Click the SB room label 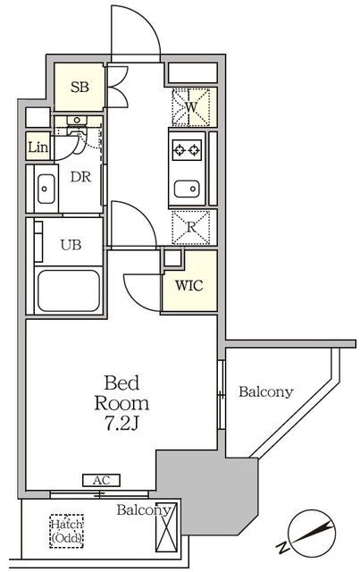click(x=80, y=88)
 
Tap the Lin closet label click(x=38, y=147)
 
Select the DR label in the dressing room click(x=80, y=177)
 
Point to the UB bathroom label click(x=71, y=245)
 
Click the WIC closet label click(x=189, y=286)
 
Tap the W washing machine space click(x=190, y=107)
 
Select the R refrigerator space click(x=191, y=227)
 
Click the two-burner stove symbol click(x=187, y=149)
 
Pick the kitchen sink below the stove click(x=187, y=189)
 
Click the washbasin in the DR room click(x=46, y=189)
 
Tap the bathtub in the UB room click(x=69, y=290)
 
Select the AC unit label click(x=102, y=480)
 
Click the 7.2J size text click(x=121, y=425)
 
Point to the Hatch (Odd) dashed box click(x=66, y=531)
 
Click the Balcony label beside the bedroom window click(x=266, y=392)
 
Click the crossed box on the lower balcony click(x=166, y=527)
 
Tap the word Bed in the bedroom click(x=121, y=383)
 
